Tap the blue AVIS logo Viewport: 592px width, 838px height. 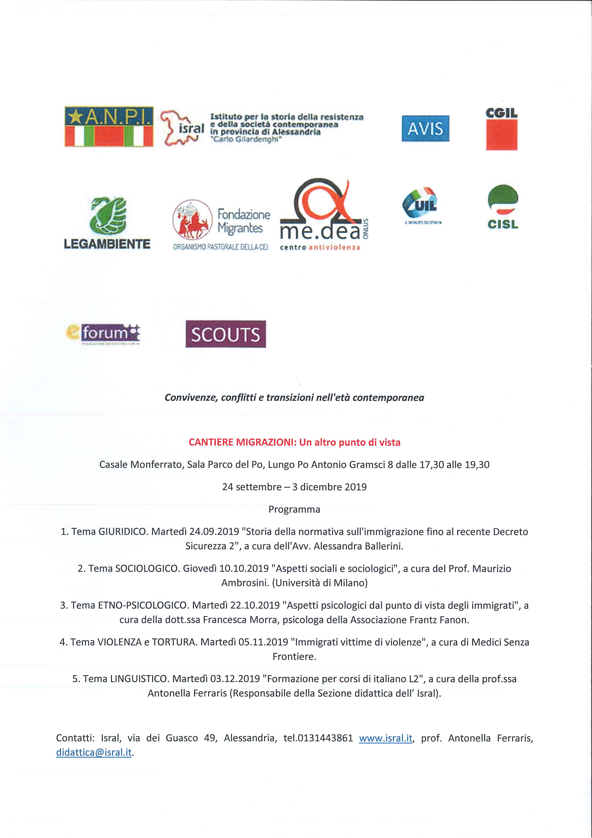(425, 128)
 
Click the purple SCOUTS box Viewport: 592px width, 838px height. (226, 334)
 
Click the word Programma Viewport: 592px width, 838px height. (294, 509)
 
